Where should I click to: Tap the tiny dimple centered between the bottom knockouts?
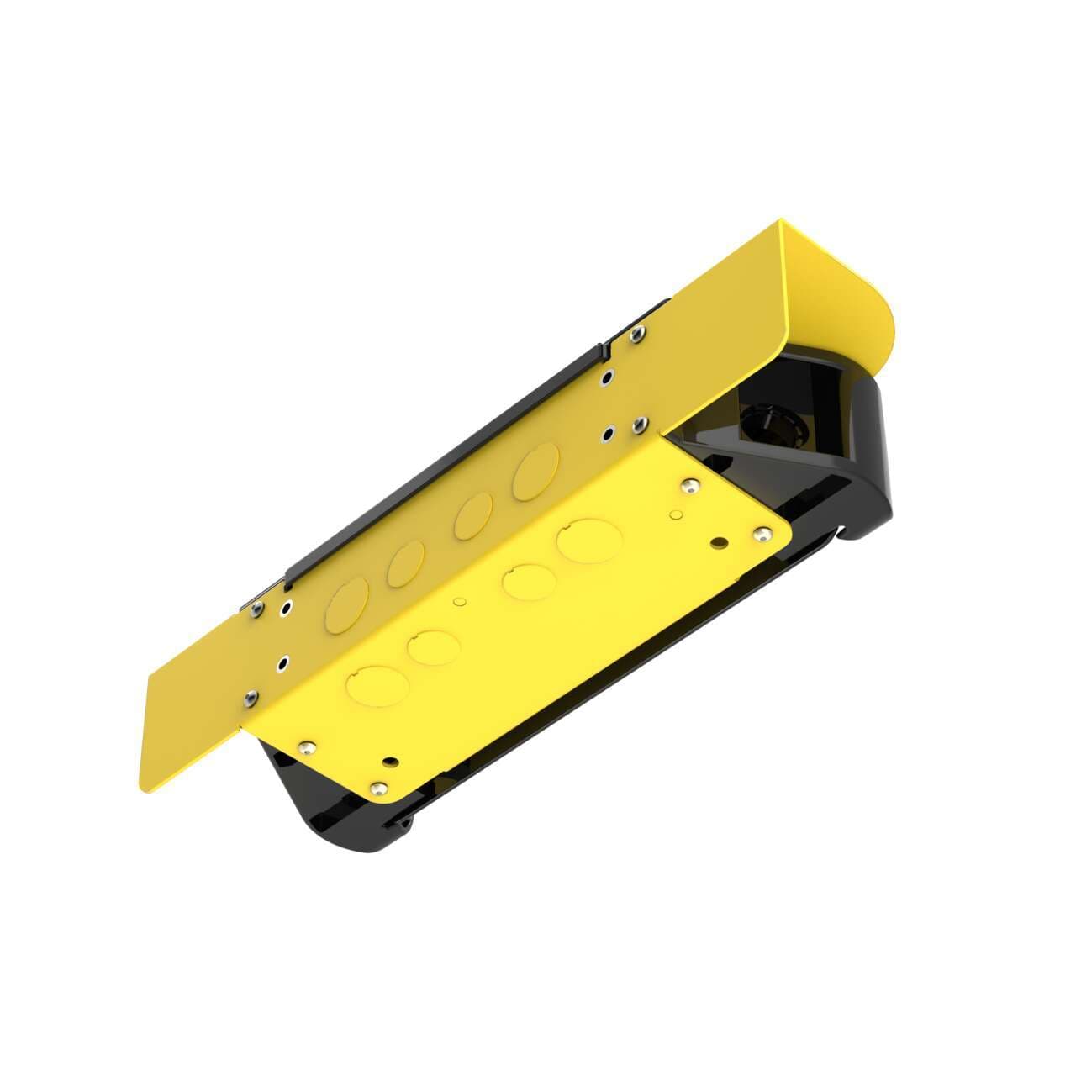459,602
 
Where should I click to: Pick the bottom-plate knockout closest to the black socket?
586,541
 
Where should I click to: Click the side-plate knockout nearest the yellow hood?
536,472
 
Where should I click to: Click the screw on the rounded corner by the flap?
380,788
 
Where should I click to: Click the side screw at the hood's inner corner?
639,422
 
